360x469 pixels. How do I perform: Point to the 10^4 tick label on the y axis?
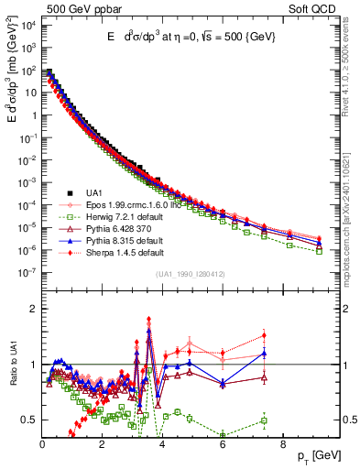(x=27, y=26)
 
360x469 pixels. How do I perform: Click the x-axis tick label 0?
(x=43, y=442)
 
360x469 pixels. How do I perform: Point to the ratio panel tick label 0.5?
(x=28, y=420)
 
